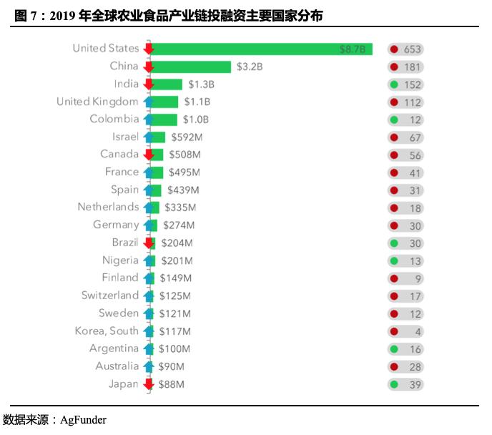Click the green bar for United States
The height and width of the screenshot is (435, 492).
[261, 49]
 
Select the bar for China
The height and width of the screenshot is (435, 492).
[191, 67]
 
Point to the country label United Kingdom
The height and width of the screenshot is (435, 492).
[97, 102]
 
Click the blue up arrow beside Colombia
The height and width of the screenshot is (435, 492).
[149, 119]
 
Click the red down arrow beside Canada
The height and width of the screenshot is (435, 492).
[149, 155]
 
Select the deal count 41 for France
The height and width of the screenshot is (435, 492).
[413, 172]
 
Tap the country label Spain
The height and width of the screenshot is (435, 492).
[124, 190]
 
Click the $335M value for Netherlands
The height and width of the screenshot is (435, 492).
[180, 207]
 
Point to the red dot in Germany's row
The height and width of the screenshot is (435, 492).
[393, 225]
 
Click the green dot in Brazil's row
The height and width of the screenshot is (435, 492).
[393, 243]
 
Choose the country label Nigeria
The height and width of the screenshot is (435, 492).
[120, 260]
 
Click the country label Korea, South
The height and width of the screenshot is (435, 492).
[107, 331]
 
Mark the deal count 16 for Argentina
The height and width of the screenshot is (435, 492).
[413, 349]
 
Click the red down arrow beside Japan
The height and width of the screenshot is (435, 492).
[149, 384]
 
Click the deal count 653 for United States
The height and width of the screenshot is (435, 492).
[413, 49]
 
